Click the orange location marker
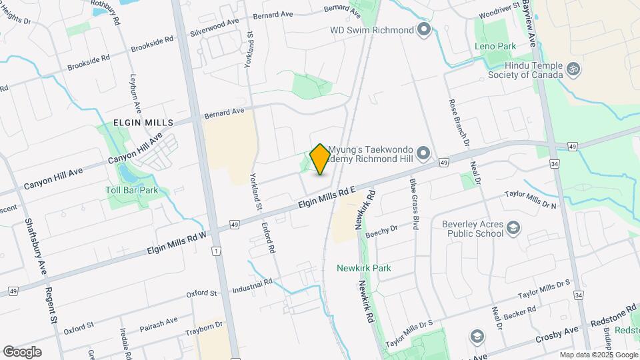[x=320, y=159]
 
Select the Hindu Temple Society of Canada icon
[x=571, y=69]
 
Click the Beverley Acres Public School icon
[x=513, y=229]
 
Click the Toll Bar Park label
[x=131, y=190]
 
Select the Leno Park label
[x=495, y=47]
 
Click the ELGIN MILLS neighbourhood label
[x=143, y=123]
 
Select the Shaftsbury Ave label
[x=35, y=247]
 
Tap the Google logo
[x=22, y=351]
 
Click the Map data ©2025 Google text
[x=598, y=355]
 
